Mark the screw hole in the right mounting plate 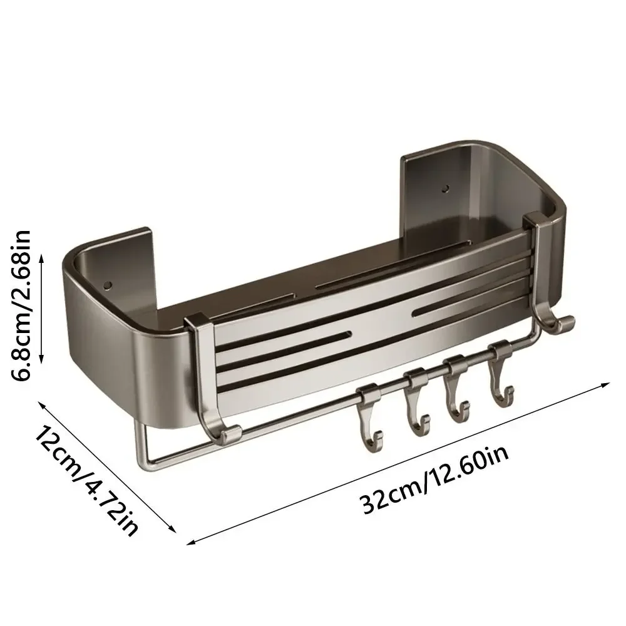(x=446, y=187)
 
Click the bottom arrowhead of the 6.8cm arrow (x=42, y=361)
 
